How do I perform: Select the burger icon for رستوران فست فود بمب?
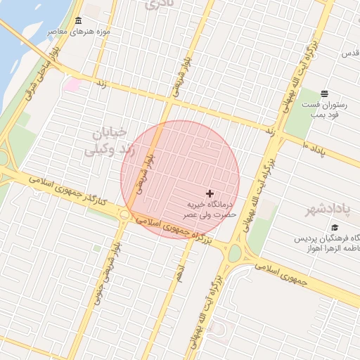point(324,94)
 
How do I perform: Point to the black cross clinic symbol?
point(210,193)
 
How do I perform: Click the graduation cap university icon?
point(335,227)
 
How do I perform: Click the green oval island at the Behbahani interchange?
point(235,253)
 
